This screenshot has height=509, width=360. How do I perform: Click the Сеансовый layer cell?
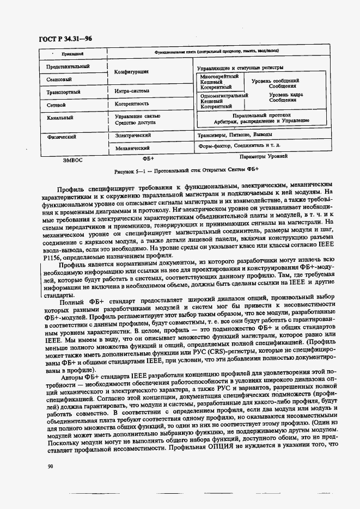[60, 79]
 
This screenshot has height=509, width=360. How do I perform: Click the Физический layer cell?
[61, 137]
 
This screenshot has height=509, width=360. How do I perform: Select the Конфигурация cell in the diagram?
[131, 71]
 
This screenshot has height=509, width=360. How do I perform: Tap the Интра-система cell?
[132, 91]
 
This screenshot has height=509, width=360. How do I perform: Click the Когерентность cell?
[132, 103]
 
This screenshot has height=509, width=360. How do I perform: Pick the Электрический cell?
[133, 134]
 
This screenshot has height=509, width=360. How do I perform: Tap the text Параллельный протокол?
[261, 115]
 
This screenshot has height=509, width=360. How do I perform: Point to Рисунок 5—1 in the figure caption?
[129, 170]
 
